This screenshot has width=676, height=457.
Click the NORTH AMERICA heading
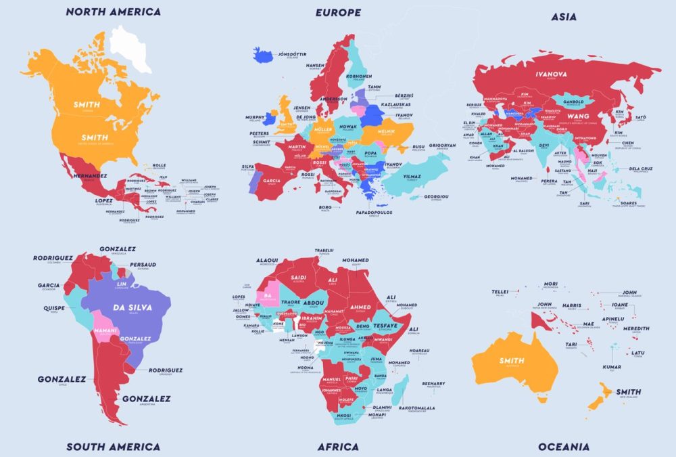tap(114, 12)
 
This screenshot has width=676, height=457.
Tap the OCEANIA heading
tap(564, 447)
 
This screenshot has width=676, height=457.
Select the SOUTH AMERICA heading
tap(114, 447)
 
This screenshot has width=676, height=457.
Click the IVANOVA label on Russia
tap(551, 74)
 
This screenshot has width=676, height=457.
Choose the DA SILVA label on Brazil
tap(132, 307)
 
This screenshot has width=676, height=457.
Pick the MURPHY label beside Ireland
tap(255, 117)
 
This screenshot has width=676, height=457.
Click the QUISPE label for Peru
tap(54, 307)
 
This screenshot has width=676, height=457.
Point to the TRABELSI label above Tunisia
tap(324, 251)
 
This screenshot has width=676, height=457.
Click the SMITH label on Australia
tap(511, 361)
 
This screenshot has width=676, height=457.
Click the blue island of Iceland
tap(262, 55)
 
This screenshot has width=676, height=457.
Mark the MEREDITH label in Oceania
tap(635, 329)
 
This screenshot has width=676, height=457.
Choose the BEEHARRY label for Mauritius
tap(433, 383)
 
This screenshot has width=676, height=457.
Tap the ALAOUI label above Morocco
tap(266, 261)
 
